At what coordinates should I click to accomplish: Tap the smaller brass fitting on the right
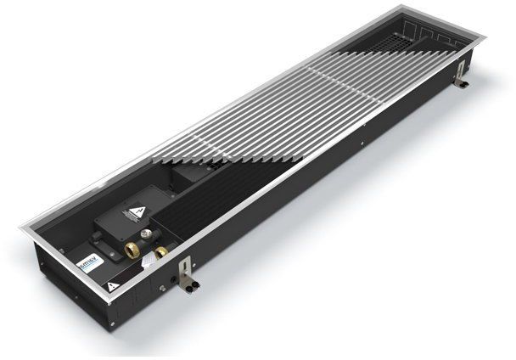point(160,251)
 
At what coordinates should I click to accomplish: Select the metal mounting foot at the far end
point(461,82)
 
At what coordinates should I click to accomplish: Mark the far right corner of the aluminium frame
point(481,37)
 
